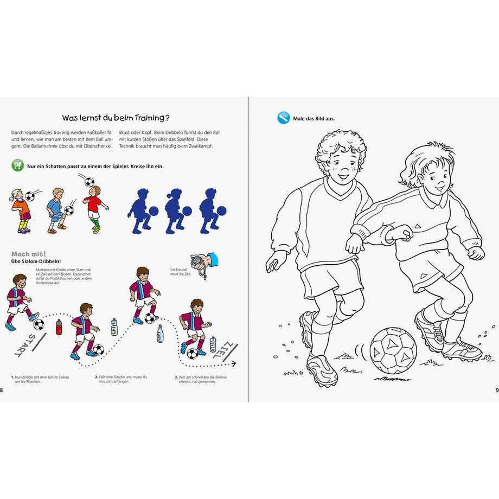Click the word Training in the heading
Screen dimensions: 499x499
[x=151, y=117]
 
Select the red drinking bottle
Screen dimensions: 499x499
[x=59, y=327]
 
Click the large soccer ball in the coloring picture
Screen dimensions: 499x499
[x=393, y=349]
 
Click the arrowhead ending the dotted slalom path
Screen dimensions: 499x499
[x=234, y=364]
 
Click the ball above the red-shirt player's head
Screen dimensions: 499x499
[x=89, y=182]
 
